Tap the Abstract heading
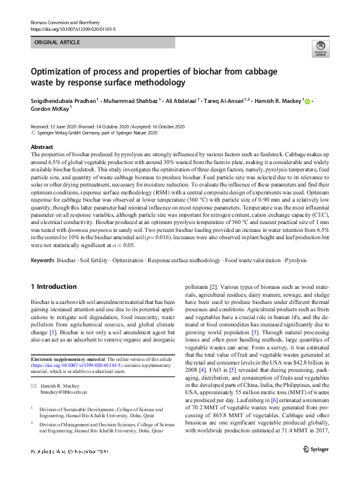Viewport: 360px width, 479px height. [x=42, y=147]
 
